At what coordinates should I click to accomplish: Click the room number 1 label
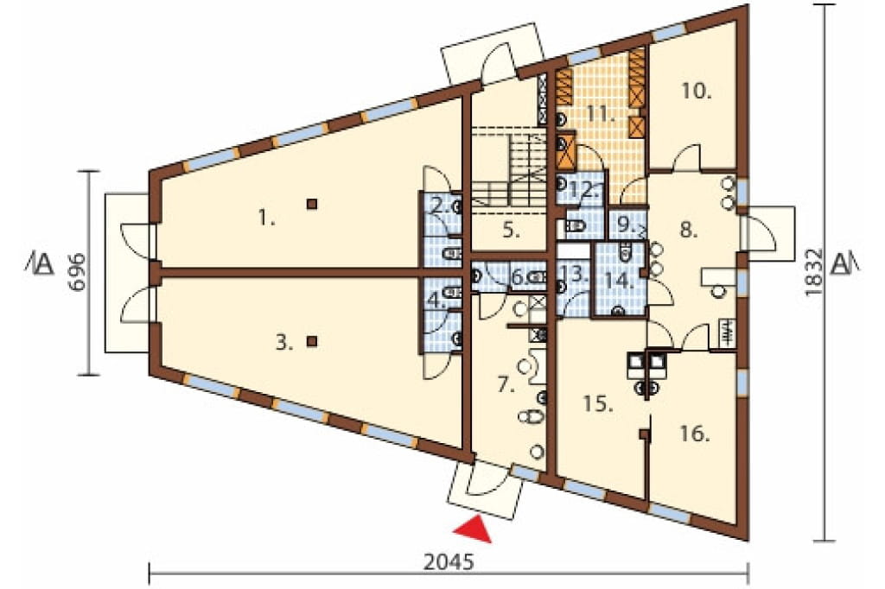pos(266,218)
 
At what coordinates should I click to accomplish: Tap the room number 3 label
pos(283,343)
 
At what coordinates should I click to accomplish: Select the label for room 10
pos(696,91)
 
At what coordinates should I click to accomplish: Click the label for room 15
pos(598,404)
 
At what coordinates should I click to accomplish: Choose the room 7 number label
pos(506,386)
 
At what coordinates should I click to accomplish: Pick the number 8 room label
pos(689,231)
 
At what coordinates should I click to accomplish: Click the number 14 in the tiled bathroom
pos(621,281)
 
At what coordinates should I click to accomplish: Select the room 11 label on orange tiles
pos(600,113)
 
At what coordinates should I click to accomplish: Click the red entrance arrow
pos(473,529)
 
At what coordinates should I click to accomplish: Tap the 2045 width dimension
pos(449,562)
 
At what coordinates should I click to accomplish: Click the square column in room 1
pos(311,204)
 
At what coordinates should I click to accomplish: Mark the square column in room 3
pos(311,341)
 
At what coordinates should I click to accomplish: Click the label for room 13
pos(575,275)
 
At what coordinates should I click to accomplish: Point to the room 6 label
pos(517,277)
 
